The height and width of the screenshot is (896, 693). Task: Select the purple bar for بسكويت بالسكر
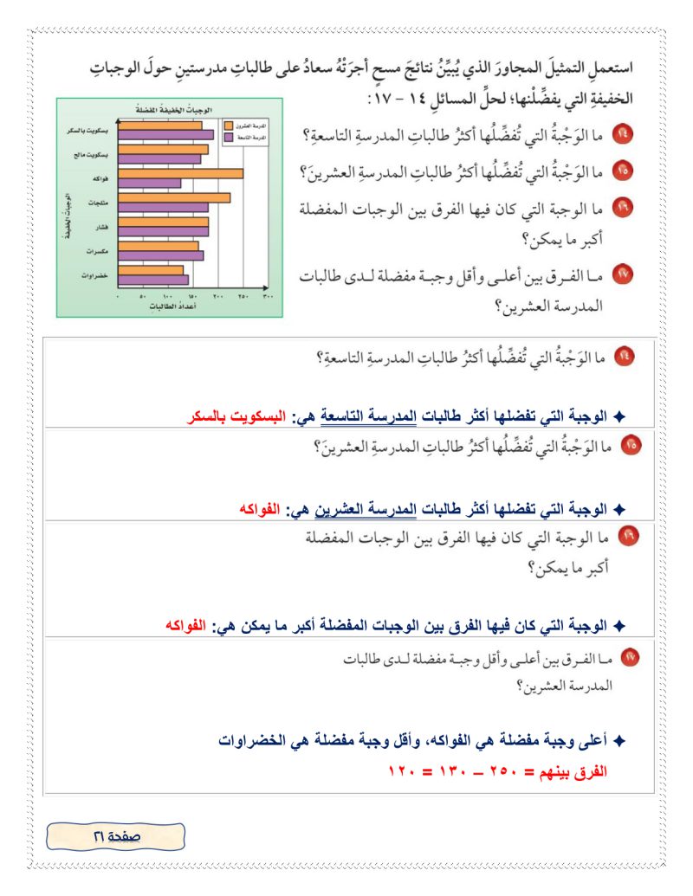click(x=165, y=135)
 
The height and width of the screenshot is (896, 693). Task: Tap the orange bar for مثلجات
click(x=174, y=197)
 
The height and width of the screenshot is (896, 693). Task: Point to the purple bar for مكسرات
click(x=160, y=255)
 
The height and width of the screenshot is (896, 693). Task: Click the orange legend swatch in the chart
click(x=228, y=126)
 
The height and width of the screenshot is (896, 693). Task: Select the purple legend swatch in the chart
click(x=228, y=137)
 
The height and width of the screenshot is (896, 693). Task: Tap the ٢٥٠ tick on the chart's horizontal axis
click(x=243, y=296)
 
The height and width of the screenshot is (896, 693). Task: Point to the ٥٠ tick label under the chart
click(x=142, y=296)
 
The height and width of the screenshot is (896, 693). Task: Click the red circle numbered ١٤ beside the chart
click(x=624, y=137)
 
